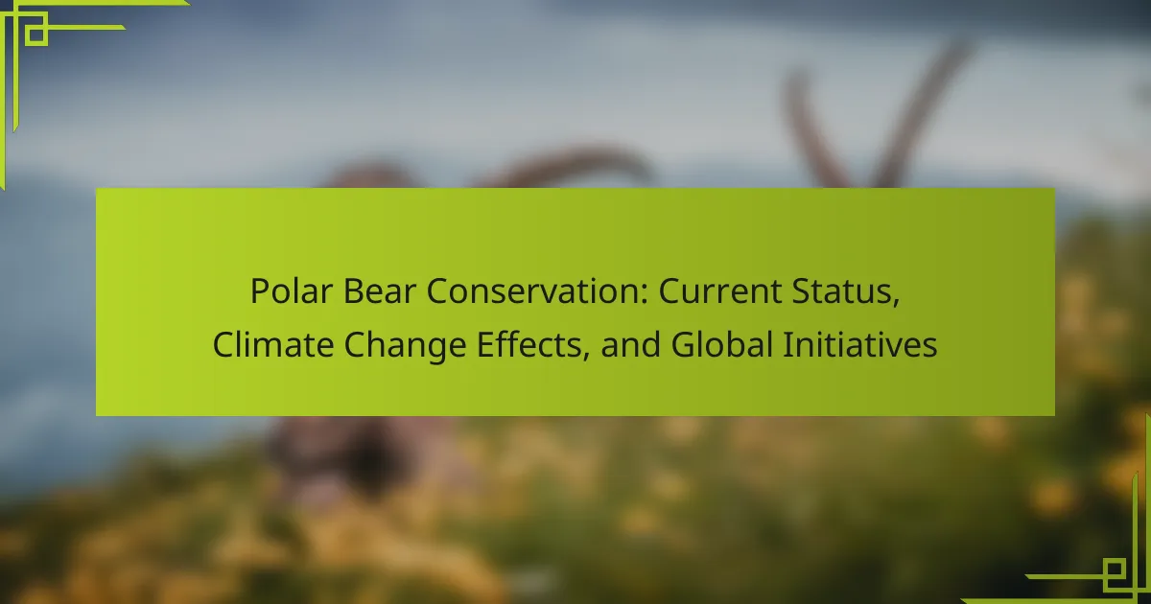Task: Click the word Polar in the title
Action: (292, 291)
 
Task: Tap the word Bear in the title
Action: (379, 291)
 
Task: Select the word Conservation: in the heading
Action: (537, 291)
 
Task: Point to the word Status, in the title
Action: (846, 292)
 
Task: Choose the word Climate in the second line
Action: (272, 344)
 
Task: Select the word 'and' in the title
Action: (630, 344)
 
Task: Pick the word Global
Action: (722, 344)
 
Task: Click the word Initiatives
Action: (860, 344)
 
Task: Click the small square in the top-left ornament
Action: (35, 35)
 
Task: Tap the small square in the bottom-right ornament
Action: (1114, 569)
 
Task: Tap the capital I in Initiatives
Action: (787, 344)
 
